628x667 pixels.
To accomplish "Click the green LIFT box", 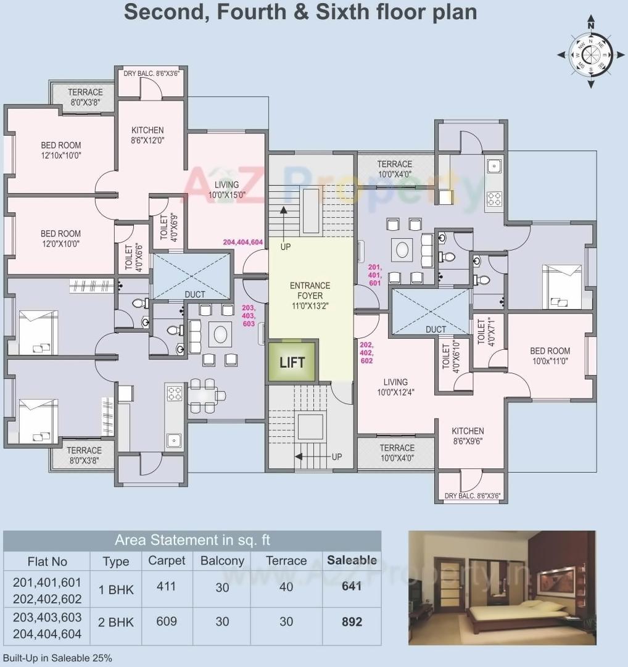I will pos(292,362).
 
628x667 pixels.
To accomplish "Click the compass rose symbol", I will pos(590,54).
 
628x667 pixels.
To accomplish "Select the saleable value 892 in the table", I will pos(352,621).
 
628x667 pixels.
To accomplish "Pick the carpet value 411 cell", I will pos(166,586).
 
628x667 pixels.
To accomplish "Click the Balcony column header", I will pos(222,561).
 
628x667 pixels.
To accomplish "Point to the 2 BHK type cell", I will pos(116,622).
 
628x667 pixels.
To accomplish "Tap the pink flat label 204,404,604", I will pos(243,242).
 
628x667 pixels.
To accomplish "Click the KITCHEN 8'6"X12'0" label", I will pos(147,135).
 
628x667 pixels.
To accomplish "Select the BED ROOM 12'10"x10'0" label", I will pos(60,151).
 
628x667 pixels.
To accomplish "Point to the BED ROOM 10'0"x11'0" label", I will pos(550,356).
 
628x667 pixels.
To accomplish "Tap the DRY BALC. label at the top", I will pos(152,73).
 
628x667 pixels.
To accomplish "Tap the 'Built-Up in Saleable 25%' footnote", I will pos(57,658).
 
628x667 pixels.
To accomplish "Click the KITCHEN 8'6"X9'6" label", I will pos(467,436).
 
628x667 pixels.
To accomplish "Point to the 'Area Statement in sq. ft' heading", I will pos(192,541).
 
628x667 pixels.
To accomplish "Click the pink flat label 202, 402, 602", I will pos(366,352).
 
